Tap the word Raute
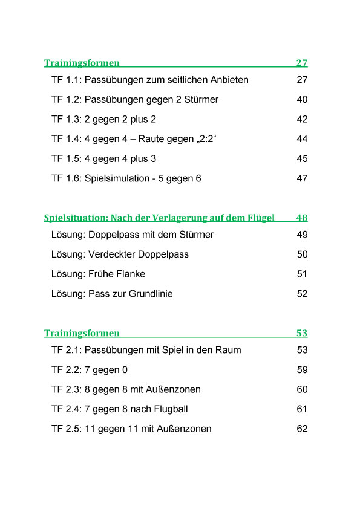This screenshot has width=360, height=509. (x=153, y=139)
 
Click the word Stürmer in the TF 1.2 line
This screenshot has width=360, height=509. (x=201, y=100)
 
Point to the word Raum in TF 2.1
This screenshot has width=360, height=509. (x=230, y=351)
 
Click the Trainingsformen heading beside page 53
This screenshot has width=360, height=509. (x=82, y=334)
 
